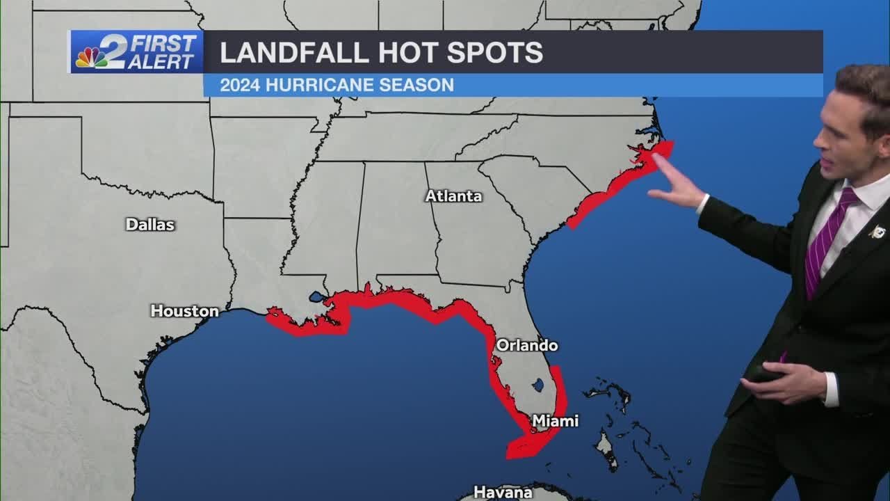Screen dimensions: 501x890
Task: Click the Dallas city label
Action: click(x=150, y=225)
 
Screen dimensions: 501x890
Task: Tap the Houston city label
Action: click(x=185, y=311)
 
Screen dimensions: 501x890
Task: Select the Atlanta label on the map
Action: click(x=453, y=196)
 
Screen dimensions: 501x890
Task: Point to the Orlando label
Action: click(x=526, y=345)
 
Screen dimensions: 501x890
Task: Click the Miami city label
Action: click(x=555, y=421)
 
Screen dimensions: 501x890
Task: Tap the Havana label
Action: click(x=503, y=492)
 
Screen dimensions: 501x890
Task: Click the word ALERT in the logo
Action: click(x=161, y=62)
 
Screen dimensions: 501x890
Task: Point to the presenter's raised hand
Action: click(x=675, y=184)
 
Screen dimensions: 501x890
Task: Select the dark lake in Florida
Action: click(x=537, y=384)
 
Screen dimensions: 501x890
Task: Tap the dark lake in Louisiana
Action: click(x=317, y=297)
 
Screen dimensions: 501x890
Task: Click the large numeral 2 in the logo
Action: click(x=111, y=51)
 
